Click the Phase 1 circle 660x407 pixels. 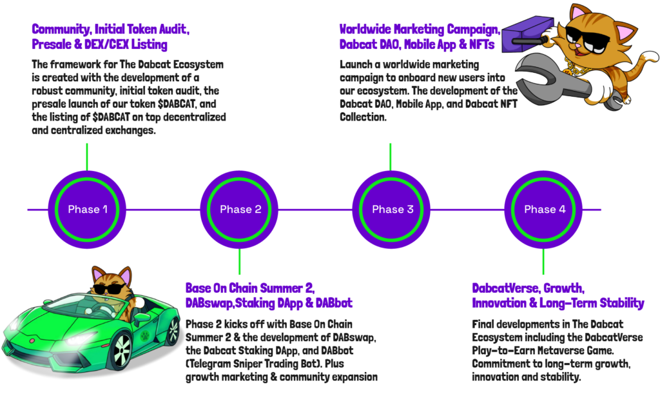(86, 209)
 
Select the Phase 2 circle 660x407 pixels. (240, 209)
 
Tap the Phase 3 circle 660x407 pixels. (392, 209)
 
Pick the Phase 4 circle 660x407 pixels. (544, 209)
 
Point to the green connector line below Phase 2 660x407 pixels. (240, 261)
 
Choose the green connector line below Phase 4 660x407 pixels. (544, 261)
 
